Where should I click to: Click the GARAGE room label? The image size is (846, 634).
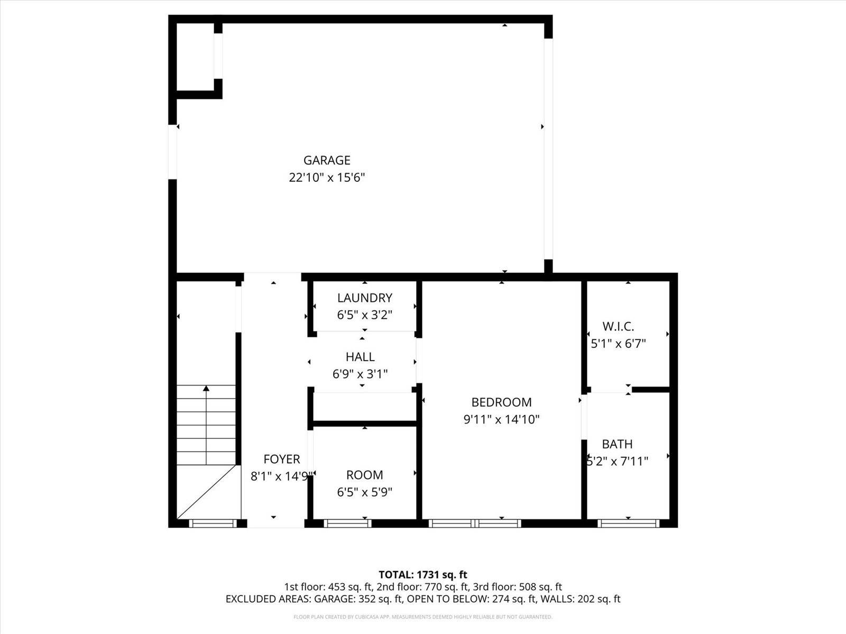[327, 160]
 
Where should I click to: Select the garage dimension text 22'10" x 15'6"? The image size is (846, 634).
[327, 178]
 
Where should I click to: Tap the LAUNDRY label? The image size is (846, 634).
[364, 298]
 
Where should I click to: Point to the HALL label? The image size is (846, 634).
[360, 357]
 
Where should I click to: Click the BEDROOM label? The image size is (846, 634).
[501, 402]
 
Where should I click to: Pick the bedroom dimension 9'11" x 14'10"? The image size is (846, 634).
[501, 420]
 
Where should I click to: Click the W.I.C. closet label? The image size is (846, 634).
[618, 327]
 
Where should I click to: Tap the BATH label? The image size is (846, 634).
[617, 444]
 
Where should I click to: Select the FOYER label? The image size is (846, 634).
[281, 459]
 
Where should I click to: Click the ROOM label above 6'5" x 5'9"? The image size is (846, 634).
[364, 475]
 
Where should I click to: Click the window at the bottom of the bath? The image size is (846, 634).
[628, 523]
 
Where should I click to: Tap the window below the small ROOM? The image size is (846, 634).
[347, 523]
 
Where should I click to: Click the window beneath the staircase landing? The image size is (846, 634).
[212, 523]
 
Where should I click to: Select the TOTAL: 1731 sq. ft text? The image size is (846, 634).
[423, 574]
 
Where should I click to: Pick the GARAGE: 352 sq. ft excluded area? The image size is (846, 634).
[359, 599]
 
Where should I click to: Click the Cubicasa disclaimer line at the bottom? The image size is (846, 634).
[423, 617]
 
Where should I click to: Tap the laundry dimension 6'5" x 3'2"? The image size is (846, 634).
[364, 315]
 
